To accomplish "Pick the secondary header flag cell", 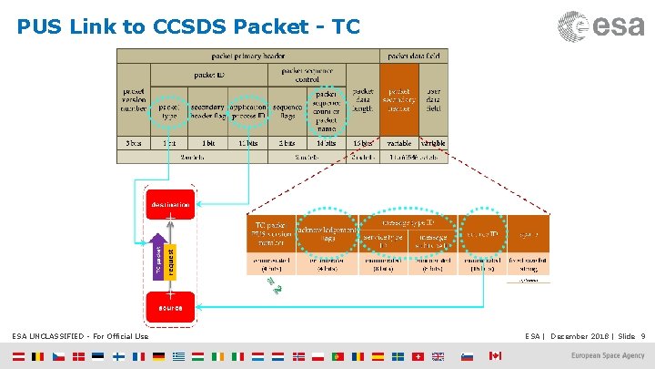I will tap(208, 110).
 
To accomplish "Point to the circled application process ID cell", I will tap(248, 110).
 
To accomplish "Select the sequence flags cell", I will tap(287, 110).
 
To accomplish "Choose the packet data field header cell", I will tap(417, 56).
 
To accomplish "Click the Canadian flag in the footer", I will tap(495, 355).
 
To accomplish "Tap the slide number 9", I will tap(643, 337).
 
